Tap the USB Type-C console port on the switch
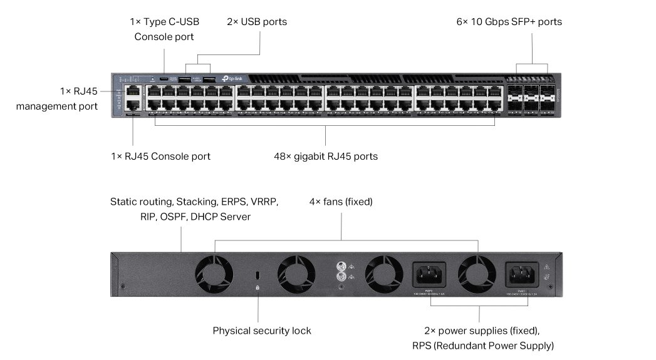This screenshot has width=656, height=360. [x=164, y=80]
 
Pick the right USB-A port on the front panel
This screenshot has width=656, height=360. [x=209, y=80]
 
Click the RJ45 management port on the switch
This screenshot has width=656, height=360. [x=133, y=92]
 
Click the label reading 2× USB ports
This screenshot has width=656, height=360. [x=257, y=22]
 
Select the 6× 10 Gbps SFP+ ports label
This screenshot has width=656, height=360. [x=509, y=22]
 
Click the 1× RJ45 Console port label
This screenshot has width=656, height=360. [x=160, y=157]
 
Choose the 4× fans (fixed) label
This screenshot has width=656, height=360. [x=341, y=202]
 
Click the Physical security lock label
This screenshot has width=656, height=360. [x=262, y=331]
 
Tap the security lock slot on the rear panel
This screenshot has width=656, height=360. [x=258, y=275]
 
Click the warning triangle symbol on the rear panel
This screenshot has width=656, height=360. [x=546, y=265]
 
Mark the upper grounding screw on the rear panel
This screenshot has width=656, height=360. [x=341, y=265]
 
